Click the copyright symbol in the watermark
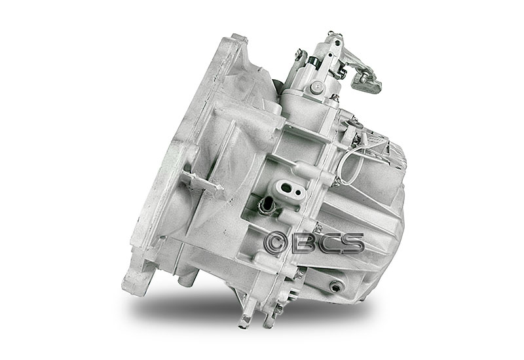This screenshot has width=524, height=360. click(275, 243)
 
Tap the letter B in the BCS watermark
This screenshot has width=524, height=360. click(304, 243)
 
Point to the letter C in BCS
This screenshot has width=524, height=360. click(328, 243)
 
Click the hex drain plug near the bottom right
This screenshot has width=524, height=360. click(335, 286)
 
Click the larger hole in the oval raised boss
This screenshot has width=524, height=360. click(287, 187)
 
